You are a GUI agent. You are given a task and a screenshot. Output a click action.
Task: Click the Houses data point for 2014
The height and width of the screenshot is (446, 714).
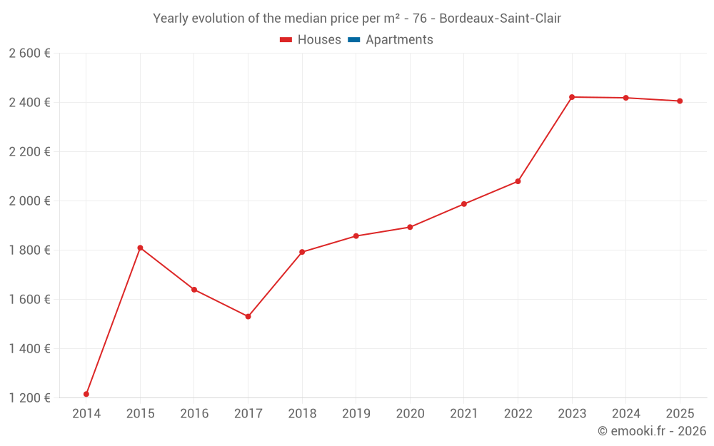point(86,394)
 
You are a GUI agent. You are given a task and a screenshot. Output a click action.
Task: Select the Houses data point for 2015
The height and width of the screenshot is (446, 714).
point(140,248)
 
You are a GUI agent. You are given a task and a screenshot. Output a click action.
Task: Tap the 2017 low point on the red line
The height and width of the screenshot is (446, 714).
point(248,316)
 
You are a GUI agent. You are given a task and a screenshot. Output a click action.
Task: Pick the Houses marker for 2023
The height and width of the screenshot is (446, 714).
point(572,97)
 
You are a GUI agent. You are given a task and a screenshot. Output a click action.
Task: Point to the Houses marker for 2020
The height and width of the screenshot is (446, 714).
point(410,227)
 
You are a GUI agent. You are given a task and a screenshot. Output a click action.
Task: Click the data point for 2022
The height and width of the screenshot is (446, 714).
point(518,181)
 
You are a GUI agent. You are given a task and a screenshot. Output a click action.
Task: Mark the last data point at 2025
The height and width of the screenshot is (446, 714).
point(680,101)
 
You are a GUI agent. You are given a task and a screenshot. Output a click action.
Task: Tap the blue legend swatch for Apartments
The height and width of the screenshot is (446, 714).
point(353,40)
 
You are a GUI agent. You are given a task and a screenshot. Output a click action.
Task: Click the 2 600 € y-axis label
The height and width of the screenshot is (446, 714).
point(29,53)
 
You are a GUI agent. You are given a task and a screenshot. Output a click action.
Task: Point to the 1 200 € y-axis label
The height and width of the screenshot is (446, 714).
point(29,397)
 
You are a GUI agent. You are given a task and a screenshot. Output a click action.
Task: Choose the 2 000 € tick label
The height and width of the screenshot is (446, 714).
point(29,201)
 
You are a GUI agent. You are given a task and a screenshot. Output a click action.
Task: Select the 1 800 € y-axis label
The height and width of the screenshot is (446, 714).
point(29,250)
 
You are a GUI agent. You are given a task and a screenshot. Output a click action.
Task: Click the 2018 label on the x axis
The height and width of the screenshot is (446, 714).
point(302,413)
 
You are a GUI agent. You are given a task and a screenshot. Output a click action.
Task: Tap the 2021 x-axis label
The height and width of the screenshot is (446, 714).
point(464,413)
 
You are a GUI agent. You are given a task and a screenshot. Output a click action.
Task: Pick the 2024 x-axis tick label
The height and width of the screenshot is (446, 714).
point(626,413)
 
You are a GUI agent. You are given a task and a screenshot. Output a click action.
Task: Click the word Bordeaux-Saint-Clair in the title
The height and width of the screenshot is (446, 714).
point(500,19)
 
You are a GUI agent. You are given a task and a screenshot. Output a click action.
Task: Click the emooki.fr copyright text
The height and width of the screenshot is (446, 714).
point(652,431)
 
